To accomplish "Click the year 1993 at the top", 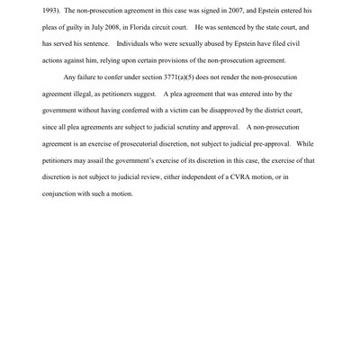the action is click(x=50, y=10).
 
